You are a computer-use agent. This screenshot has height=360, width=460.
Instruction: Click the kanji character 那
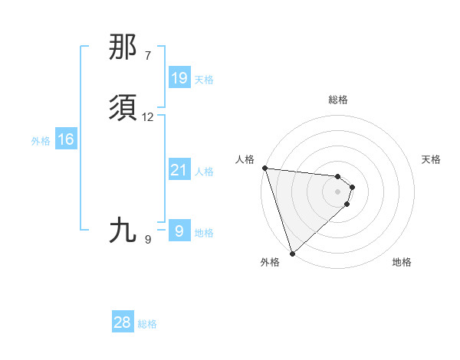123,47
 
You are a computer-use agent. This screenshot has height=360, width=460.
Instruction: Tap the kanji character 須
123,108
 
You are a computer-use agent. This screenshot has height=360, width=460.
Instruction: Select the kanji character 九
123,230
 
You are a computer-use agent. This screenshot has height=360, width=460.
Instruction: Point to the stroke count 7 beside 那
148,56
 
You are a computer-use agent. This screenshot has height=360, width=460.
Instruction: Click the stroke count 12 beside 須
148,117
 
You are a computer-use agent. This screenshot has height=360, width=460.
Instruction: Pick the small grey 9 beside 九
148,239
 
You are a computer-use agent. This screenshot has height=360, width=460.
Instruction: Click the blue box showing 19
179,77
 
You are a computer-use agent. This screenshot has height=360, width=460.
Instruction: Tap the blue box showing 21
179,170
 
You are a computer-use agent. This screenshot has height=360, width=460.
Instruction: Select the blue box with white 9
179,231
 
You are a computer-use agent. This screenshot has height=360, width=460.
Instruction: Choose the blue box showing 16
66,139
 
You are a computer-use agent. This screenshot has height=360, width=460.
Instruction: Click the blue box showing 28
123,322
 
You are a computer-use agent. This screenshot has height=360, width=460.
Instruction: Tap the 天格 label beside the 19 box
204,80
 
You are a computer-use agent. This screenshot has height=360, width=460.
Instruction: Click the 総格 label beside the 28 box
147,325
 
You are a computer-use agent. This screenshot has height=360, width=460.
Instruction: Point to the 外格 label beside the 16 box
41,141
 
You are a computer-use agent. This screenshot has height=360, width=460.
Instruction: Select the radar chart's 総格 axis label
338,100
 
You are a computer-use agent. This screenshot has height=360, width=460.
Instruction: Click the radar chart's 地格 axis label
402,262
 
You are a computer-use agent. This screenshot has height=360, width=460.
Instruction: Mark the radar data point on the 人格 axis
264,168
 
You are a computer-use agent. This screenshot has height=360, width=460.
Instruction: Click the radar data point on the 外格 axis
291,253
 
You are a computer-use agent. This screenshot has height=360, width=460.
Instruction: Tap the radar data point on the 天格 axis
353,186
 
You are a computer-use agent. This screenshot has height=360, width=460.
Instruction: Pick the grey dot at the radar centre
338,191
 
